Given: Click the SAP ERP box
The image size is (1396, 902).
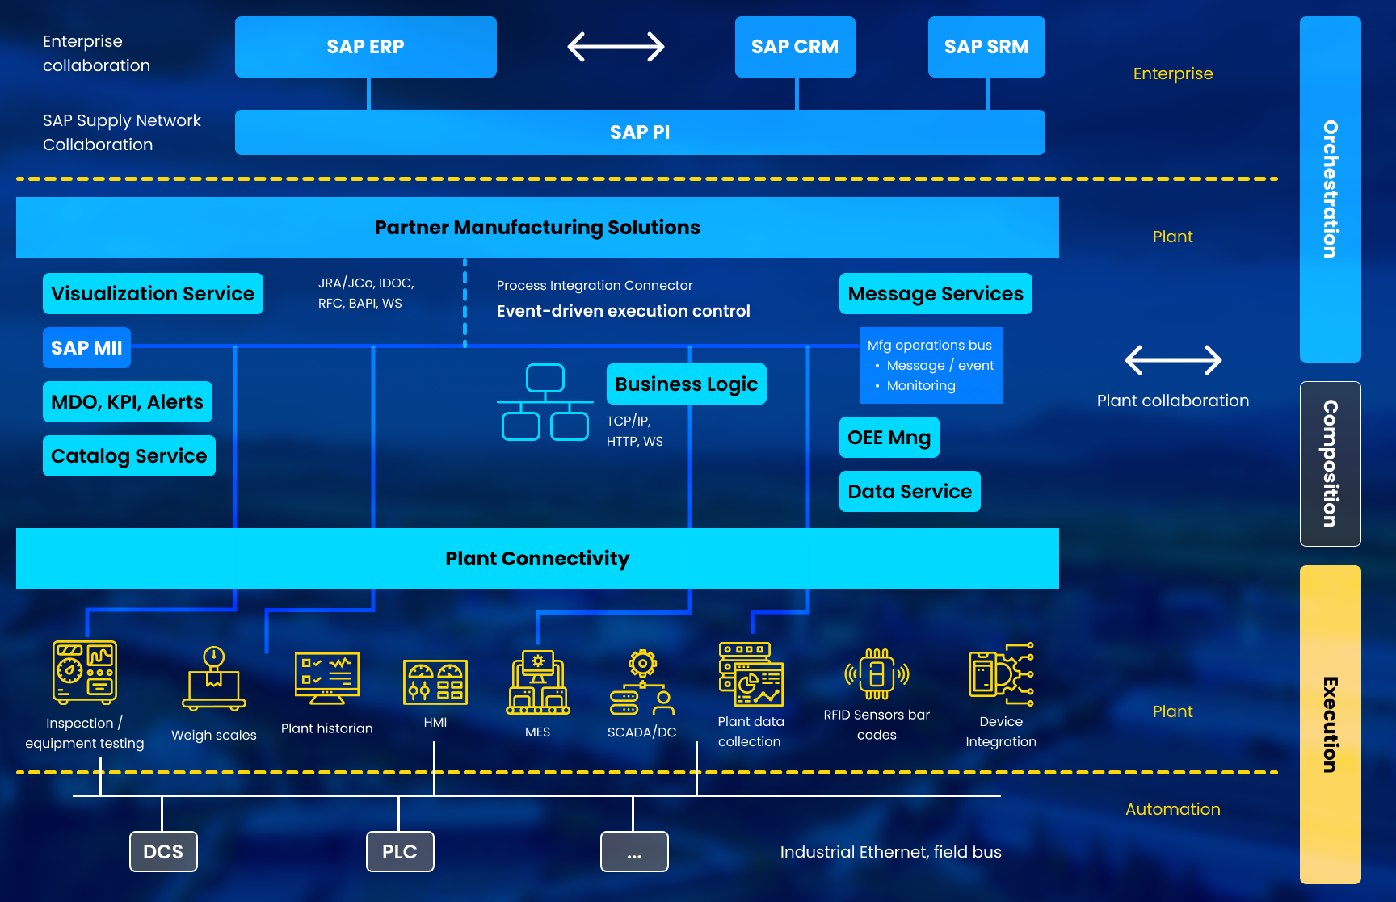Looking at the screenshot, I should point(365,47).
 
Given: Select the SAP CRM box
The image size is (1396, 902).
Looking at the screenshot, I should point(795,47).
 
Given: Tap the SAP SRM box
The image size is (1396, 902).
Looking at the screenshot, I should point(986,47).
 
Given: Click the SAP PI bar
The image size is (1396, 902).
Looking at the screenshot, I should point(640,132).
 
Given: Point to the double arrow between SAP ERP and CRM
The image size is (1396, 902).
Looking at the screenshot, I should point(616,47).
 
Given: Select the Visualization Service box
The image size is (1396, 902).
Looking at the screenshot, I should point(153,294).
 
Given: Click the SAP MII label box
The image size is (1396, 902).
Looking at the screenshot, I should point(86,348).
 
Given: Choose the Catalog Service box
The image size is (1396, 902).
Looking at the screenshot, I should point(129,456).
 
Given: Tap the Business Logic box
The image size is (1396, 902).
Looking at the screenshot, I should point(686,384).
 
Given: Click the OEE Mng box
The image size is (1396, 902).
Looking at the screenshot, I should point(889,438).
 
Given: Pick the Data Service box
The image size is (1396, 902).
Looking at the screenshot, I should point(910,492).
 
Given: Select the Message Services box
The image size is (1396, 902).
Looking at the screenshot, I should point(936,294).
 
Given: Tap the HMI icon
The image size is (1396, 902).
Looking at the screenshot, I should point(435,682).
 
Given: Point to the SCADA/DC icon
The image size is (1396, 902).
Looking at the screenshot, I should point(642,683).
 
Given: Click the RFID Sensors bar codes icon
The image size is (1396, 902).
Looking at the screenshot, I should point(877,674).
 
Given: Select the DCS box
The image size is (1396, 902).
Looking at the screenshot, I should point(163,852).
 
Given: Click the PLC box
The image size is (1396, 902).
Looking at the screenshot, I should point(400,852).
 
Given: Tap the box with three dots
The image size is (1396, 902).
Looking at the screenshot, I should point(634,852).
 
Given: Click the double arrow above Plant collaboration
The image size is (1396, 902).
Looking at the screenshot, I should point(1173,360).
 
